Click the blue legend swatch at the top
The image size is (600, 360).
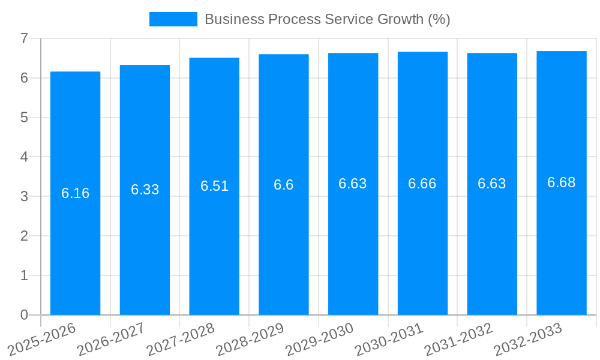(x=173, y=19)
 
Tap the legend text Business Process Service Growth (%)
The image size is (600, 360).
(x=327, y=19)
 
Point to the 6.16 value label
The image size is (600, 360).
(x=75, y=193)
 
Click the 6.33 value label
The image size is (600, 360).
(x=145, y=190)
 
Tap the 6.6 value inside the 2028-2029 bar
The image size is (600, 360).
(x=283, y=185)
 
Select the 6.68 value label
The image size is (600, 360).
(x=561, y=182)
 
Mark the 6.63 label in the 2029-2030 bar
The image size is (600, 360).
(x=353, y=184)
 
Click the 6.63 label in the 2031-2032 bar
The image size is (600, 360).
(x=491, y=184)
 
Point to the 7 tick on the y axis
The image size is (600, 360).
(x=24, y=38)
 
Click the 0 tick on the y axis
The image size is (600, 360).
(x=24, y=315)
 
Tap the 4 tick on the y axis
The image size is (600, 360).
(x=24, y=157)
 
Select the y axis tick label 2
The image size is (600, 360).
(x=24, y=236)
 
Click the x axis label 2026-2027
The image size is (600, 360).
(x=112, y=339)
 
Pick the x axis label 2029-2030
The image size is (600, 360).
(x=320, y=339)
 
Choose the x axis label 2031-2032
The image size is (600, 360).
(x=459, y=339)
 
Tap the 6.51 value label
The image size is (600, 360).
(x=214, y=186)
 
